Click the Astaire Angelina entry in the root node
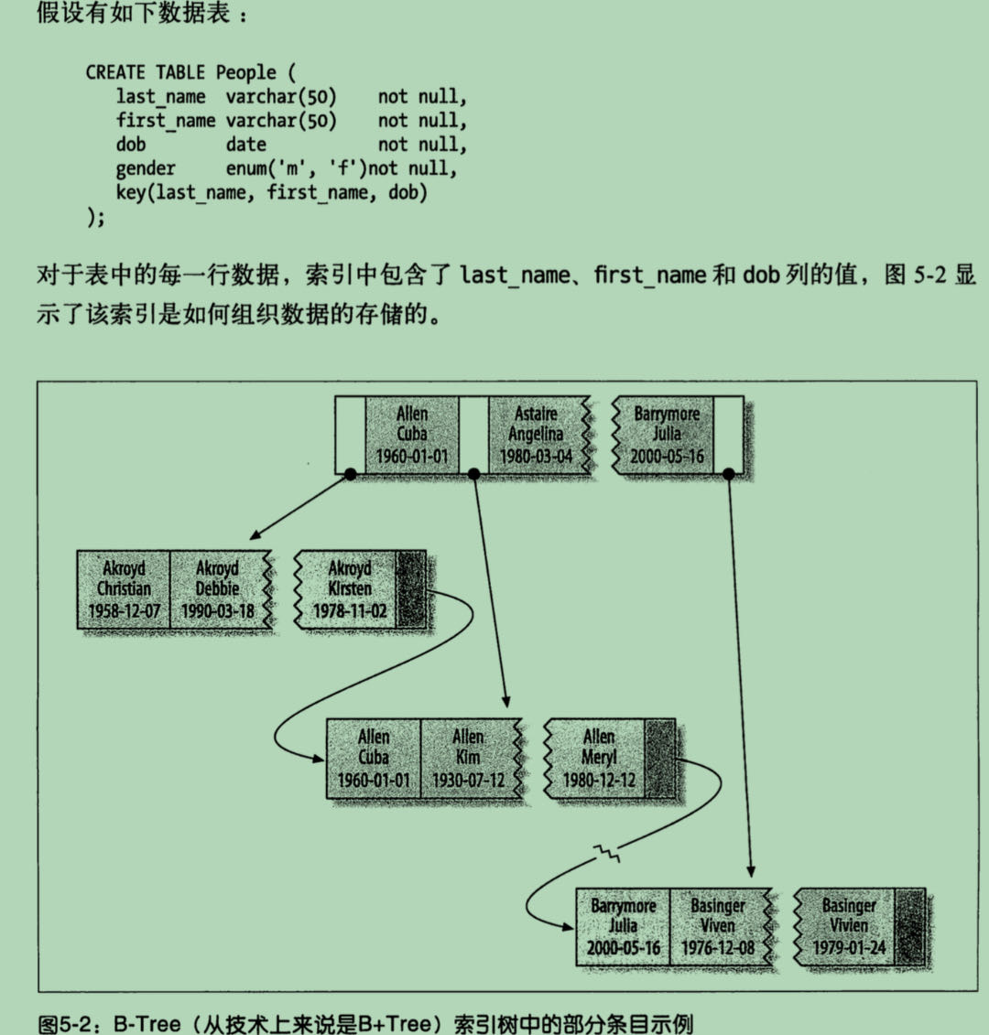coord(536,435)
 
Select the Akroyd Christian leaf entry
coord(124,589)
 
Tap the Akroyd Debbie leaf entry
coord(218,589)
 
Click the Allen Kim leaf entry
coord(468,759)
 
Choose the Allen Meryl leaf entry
coord(599,759)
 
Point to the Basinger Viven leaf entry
coord(718,926)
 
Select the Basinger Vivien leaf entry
coord(849,926)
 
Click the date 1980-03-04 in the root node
coord(536,456)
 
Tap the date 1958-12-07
coord(124,610)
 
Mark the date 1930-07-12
coord(468,781)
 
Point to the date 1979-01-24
coord(849,948)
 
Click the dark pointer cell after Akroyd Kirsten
coord(411,589)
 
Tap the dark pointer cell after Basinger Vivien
coord(909,926)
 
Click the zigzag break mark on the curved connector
coord(607,855)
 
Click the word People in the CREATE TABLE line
coord(245,72)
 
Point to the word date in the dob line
coord(245,145)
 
